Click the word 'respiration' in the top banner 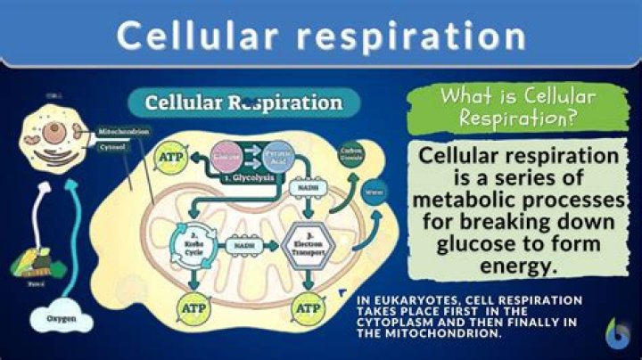point(415,37)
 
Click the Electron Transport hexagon point(306,241)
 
